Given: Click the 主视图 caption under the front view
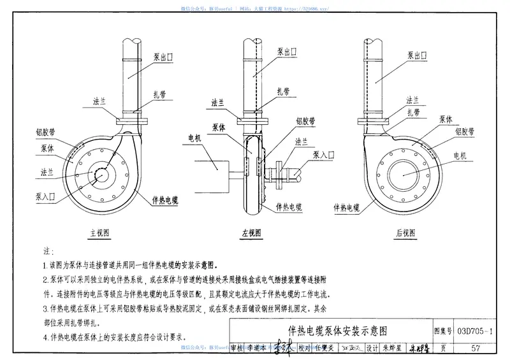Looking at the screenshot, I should pos(101,233).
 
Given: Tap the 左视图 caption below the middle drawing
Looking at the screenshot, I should pos(252,233).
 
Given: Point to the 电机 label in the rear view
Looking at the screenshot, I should pos(460,155).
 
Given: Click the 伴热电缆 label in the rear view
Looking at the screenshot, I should pos(346,207).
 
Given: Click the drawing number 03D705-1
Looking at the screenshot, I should pos(474,331).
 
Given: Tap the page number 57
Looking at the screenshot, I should pos(476,348).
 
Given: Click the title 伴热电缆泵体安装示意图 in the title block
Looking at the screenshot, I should pos(337,331).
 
